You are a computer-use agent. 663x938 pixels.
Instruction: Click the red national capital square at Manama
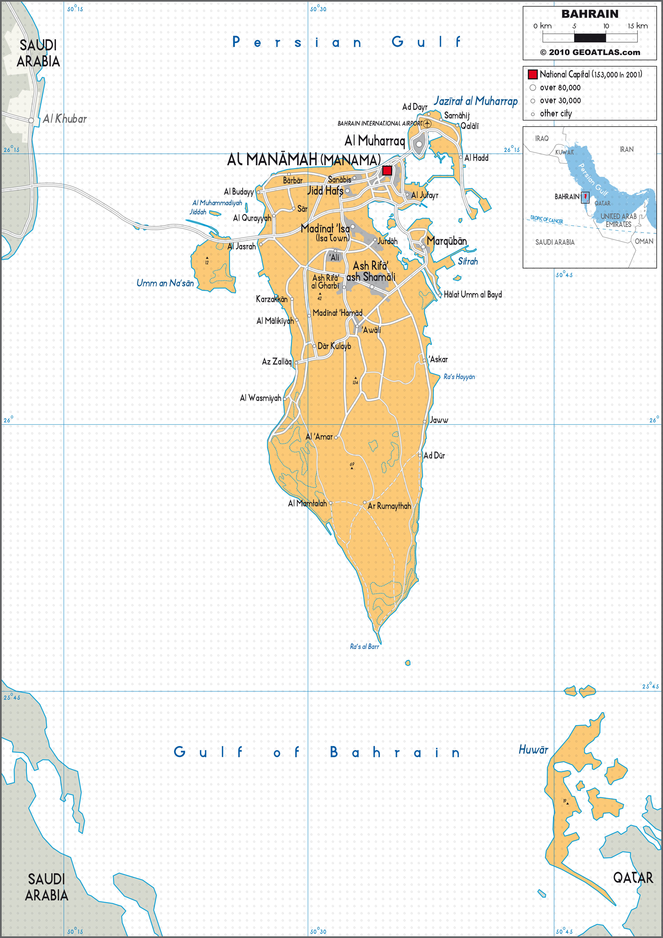pyautogui.click(x=387, y=170)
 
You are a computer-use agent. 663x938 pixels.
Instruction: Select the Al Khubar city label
pyautogui.click(x=65, y=119)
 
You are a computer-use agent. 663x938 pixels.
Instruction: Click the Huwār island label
pyautogui.click(x=533, y=750)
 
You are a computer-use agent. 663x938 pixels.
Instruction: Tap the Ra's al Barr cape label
pyautogui.click(x=364, y=646)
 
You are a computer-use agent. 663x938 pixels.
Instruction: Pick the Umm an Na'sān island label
pyautogui.click(x=165, y=283)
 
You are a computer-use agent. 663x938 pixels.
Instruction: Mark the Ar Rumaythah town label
pyautogui.click(x=389, y=506)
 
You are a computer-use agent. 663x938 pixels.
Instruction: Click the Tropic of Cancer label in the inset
pyautogui.click(x=547, y=220)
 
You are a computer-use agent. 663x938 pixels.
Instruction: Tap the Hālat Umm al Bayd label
pyautogui.click(x=473, y=295)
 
